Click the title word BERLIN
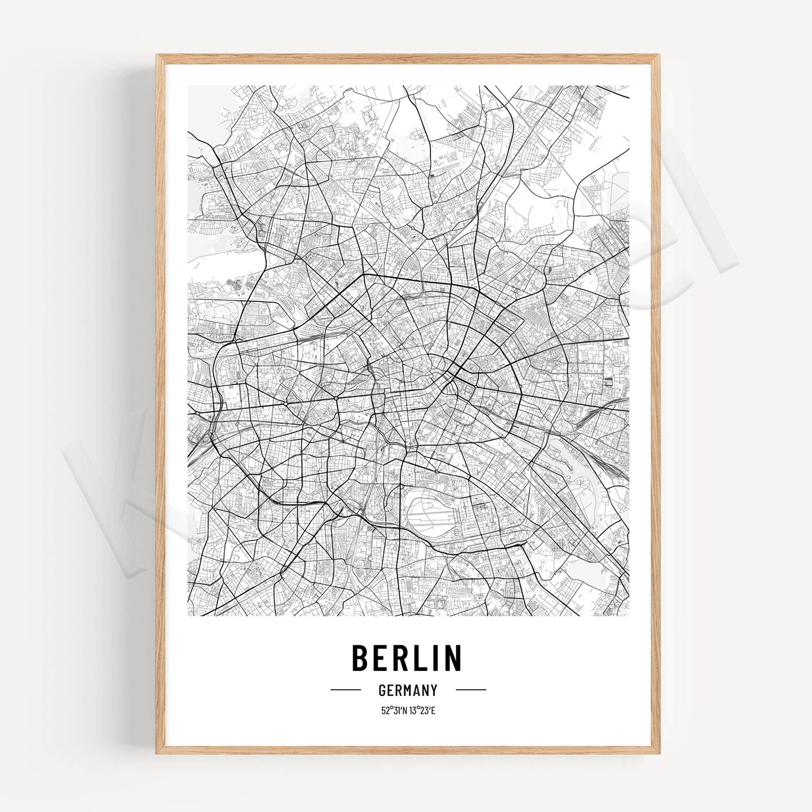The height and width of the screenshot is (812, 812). coord(407,657)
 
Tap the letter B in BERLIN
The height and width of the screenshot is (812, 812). coord(361,657)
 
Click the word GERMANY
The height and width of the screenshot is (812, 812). coord(407,690)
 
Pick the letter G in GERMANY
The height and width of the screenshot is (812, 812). coord(382,690)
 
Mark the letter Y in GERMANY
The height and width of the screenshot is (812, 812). coord(433,690)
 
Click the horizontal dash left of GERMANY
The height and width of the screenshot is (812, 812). coord(346,690)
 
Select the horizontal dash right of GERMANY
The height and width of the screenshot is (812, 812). coord(470,690)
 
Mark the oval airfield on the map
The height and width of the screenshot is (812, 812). coord(433,510)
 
